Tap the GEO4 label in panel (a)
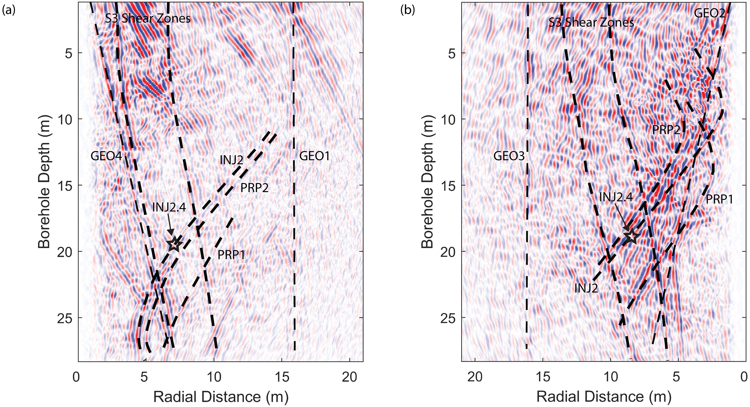pyautogui.click(x=106, y=156)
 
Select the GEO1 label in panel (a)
pyautogui.click(x=314, y=156)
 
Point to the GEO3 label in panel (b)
pyautogui.click(x=509, y=156)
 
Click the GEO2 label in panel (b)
pyautogui.click(x=709, y=13)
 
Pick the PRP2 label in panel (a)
pyautogui.click(x=254, y=188)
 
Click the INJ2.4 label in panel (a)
pyautogui.click(x=169, y=208)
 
